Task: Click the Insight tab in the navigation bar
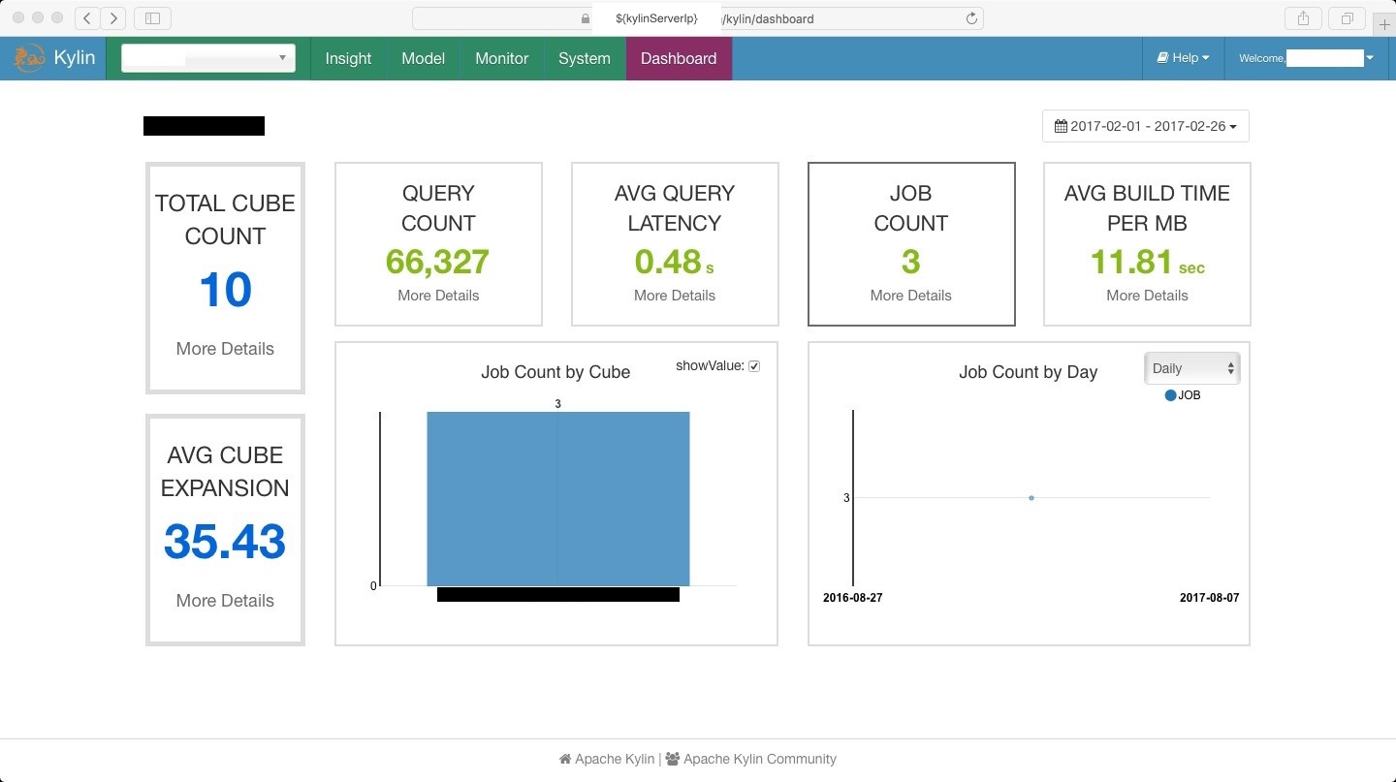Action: [348, 58]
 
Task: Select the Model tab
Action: [423, 58]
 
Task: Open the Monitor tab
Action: [501, 58]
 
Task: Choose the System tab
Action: [584, 58]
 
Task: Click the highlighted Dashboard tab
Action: [679, 58]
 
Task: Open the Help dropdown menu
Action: [1184, 58]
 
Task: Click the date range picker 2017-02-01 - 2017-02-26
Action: [1145, 126]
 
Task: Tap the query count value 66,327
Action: [437, 262]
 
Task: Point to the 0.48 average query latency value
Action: [668, 262]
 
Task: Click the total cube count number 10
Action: [225, 290]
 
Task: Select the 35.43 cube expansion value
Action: [225, 542]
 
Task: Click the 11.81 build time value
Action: [1131, 262]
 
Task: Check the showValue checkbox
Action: [754, 366]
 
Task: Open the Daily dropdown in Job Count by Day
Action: [1191, 368]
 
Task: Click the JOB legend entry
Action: [1183, 395]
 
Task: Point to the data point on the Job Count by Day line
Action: [1031, 498]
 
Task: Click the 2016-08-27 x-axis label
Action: [853, 598]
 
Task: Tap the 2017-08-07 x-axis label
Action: [1209, 598]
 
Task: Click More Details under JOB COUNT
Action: [910, 296]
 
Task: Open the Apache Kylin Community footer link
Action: [759, 759]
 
